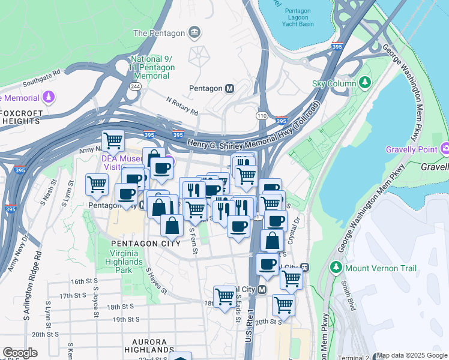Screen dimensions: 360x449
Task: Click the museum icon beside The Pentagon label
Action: (x=194, y=32)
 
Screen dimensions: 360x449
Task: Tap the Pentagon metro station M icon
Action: (x=229, y=88)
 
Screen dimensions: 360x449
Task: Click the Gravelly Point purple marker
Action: (x=445, y=148)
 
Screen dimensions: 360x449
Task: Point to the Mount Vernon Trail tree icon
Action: (x=337, y=266)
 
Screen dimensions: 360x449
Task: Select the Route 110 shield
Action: (x=262, y=115)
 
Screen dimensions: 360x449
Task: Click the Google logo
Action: (x=19, y=353)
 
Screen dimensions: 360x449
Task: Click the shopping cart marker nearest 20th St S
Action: (x=283, y=304)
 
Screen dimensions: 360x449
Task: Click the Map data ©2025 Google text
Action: (x=412, y=356)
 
